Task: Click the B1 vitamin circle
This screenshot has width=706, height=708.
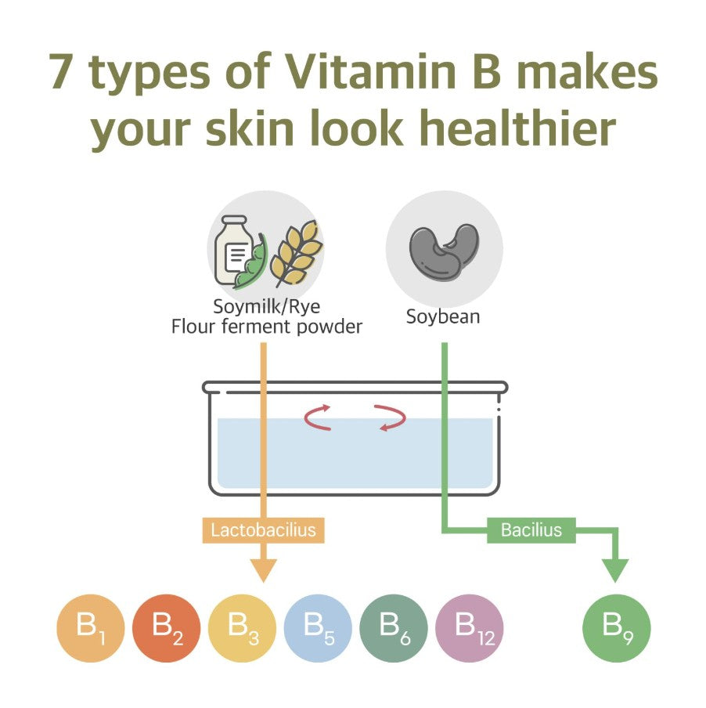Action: click(90, 628)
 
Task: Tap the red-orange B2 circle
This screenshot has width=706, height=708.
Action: click(166, 628)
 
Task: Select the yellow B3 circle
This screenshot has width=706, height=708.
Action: click(242, 628)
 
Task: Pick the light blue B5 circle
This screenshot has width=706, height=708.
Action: click(318, 628)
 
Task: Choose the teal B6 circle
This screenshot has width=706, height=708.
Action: click(394, 628)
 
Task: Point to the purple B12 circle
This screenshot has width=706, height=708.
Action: click(469, 628)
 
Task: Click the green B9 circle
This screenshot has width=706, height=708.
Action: click(617, 628)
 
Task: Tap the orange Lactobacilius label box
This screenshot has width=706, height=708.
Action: click(264, 530)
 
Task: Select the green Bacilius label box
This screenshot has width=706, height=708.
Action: click(531, 530)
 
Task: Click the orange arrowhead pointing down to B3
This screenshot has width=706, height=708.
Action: click(264, 571)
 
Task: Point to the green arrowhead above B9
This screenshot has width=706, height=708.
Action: click(615, 571)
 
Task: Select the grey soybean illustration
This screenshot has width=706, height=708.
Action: click(444, 251)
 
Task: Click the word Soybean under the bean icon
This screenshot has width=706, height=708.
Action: click(443, 317)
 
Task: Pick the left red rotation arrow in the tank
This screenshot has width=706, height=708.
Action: click(317, 417)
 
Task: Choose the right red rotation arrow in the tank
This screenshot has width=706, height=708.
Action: click(391, 417)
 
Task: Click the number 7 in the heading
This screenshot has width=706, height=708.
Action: click(61, 71)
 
